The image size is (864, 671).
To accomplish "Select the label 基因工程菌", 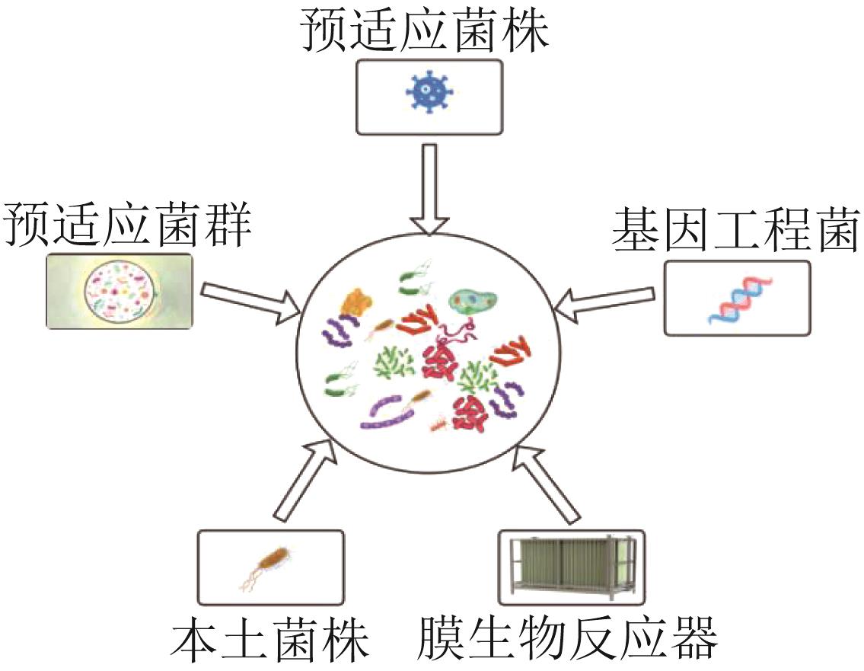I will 735,229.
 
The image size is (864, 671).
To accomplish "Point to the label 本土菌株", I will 271,641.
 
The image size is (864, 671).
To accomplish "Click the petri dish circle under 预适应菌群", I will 121,290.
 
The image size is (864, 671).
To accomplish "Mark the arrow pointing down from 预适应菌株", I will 430,187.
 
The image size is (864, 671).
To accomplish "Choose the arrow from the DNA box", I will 605,302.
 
